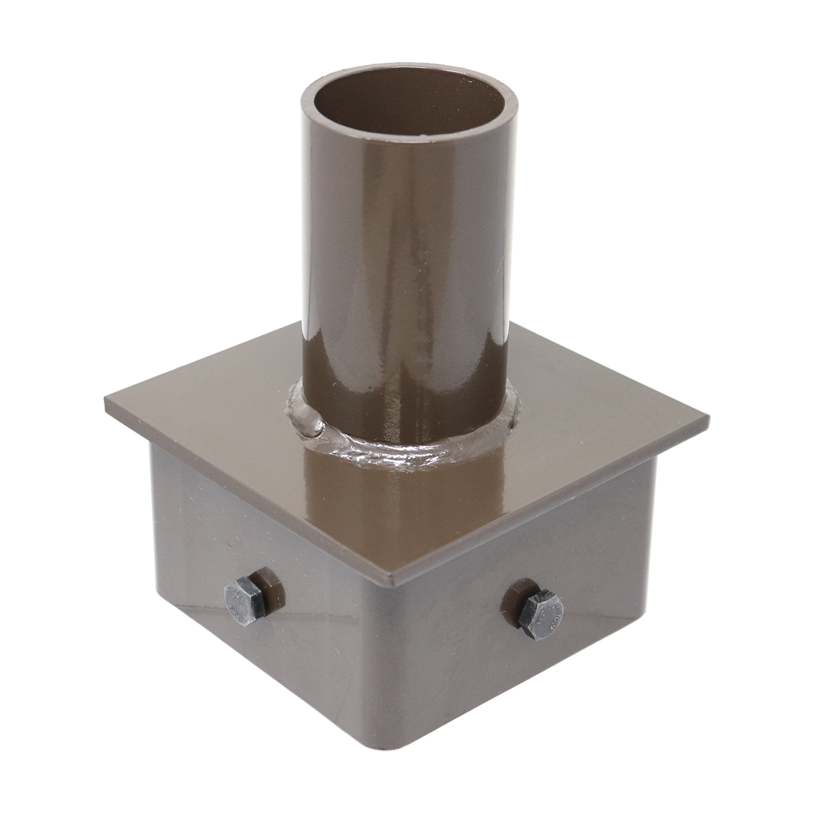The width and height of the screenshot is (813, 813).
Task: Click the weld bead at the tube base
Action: coord(400,445)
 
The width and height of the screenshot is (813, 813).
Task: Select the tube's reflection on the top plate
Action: coord(400,500)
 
